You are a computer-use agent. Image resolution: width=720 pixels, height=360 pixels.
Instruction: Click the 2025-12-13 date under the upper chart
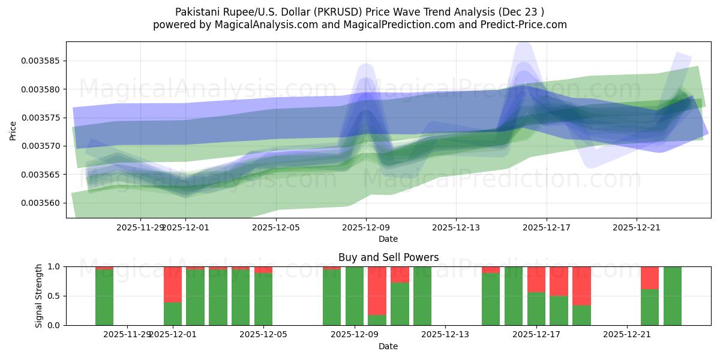456,227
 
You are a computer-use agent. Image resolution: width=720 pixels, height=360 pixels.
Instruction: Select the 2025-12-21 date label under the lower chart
626,335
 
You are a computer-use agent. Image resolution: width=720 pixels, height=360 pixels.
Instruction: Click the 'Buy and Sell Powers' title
388,257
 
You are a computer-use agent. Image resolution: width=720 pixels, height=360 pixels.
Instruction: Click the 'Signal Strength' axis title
40,296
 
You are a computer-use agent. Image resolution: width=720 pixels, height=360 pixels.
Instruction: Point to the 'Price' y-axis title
13,130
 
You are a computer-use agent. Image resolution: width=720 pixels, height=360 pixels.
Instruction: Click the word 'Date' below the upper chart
388,239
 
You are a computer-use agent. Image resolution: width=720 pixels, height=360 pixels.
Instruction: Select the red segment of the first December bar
173,284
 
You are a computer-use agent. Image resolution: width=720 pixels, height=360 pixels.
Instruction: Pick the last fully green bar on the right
672,296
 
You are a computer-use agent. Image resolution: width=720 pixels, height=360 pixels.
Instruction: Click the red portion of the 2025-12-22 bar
650,277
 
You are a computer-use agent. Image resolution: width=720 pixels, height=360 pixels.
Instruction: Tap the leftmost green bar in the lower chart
104,297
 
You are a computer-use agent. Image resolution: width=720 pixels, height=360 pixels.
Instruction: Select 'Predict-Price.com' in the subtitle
521,25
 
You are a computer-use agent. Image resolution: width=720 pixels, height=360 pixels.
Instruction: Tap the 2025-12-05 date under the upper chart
275,227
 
